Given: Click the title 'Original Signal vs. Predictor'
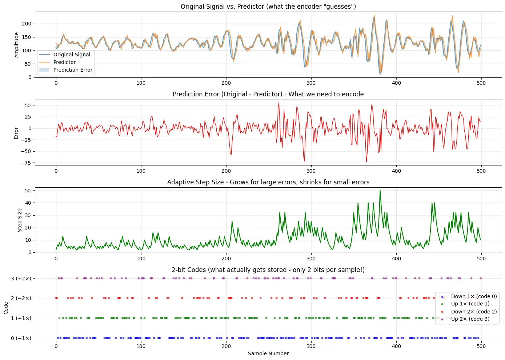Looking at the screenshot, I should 268,7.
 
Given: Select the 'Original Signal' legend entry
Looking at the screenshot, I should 72,55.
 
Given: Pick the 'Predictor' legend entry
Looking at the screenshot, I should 64,62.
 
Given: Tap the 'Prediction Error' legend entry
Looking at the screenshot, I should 73,70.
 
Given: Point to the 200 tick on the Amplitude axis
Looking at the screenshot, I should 27,24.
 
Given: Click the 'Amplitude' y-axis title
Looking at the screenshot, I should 16,45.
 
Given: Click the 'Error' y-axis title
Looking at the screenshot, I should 16,133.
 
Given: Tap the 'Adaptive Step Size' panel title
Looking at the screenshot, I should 268,182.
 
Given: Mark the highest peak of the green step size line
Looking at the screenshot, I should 380,190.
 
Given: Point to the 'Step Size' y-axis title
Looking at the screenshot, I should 20,220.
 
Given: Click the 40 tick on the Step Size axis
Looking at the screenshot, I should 28,203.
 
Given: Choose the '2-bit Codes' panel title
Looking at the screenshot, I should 268,270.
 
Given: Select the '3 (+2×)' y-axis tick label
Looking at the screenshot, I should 21,279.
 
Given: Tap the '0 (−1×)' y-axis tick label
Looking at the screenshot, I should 21,338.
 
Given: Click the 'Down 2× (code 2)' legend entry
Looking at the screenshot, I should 474,312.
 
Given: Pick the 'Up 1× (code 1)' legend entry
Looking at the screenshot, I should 470,304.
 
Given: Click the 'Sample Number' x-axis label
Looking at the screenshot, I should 268,353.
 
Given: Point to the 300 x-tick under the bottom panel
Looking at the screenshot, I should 311,346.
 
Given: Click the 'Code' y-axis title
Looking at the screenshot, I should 6,308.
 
